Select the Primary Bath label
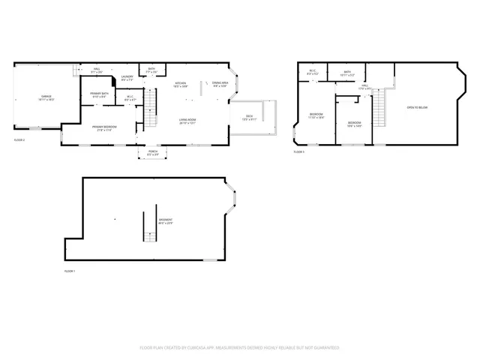click(98, 95)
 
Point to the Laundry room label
click(127, 77)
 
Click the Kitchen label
click(181, 85)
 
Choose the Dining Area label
click(220, 85)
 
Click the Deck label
click(249, 117)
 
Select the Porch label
click(153, 154)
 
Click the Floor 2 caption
click(19, 140)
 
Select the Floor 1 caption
click(70, 271)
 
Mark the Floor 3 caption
click(298, 152)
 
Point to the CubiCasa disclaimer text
click(240, 348)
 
